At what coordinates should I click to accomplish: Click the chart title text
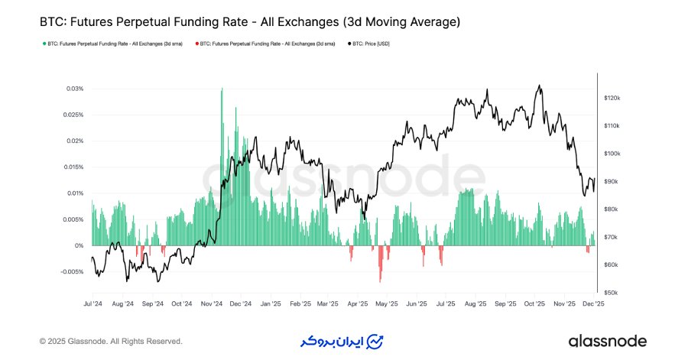click(x=249, y=21)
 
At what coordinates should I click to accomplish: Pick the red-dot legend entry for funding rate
click(x=265, y=44)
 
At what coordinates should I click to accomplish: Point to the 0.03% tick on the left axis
click(x=74, y=89)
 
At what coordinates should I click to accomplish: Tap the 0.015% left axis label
click(x=73, y=167)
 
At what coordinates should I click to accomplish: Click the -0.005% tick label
click(x=71, y=271)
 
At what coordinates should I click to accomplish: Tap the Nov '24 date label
click(x=212, y=303)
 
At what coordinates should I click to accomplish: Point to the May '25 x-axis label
click(x=388, y=303)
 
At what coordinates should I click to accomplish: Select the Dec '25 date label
click(x=593, y=303)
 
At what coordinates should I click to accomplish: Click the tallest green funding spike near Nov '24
click(x=222, y=90)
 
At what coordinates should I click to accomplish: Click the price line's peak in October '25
click(x=540, y=86)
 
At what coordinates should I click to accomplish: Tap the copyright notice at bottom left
click(x=111, y=341)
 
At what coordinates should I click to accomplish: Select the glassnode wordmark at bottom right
click(x=608, y=341)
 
